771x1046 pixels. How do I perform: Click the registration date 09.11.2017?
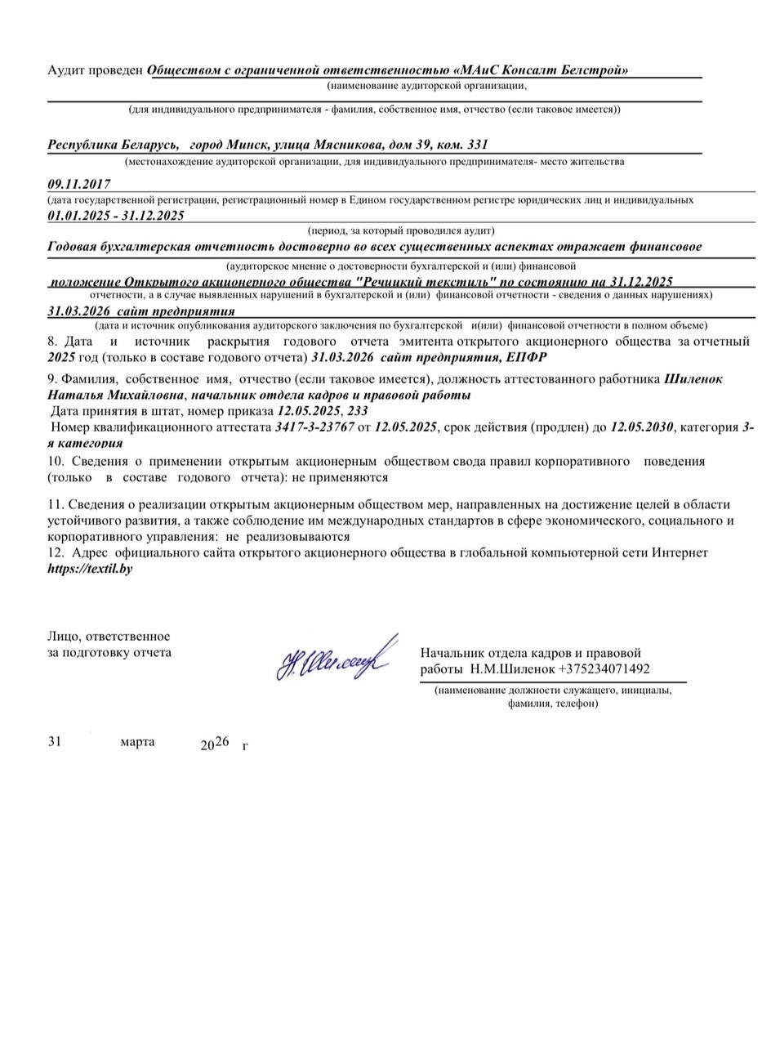coord(79,184)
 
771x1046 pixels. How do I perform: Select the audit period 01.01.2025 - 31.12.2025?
coord(116,216)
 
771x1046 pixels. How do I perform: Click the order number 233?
coord(358,411)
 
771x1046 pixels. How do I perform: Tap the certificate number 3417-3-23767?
coord(314,427)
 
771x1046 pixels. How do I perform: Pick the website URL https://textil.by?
coord(90,569)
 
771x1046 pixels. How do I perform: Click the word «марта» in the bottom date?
coord(137,742)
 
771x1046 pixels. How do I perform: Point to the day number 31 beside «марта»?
coord(55,742)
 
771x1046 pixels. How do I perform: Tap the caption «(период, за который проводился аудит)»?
coord(401,231)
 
